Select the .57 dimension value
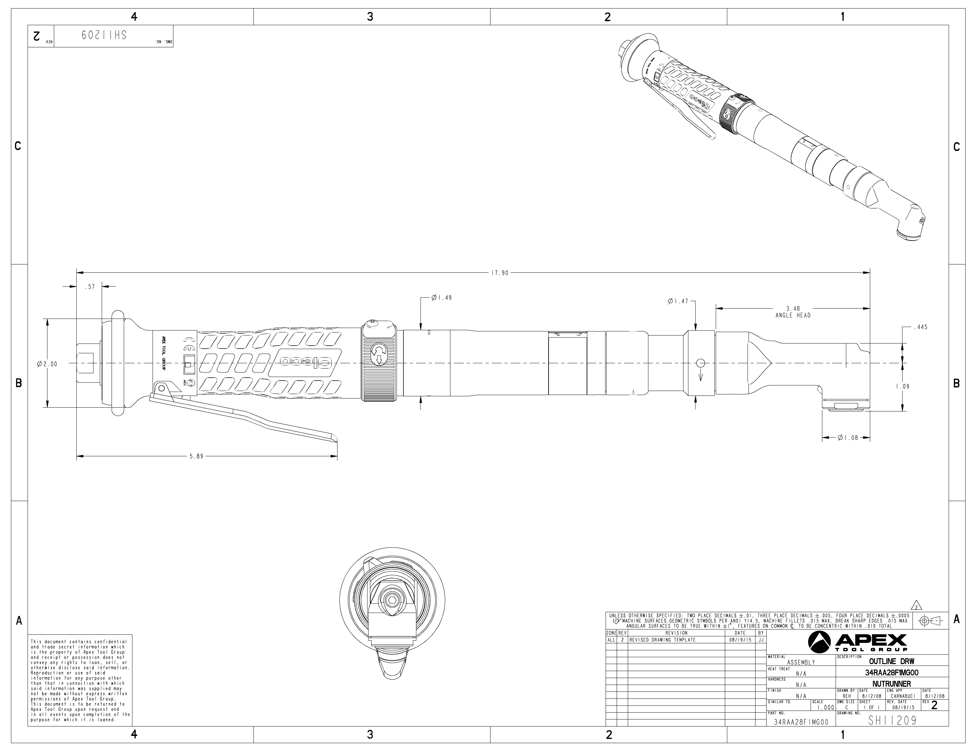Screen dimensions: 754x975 click(x=90, y=287)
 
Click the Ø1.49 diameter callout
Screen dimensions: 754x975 click(x=442, y=297)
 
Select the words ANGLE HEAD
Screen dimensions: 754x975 click(x=793, y=315)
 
